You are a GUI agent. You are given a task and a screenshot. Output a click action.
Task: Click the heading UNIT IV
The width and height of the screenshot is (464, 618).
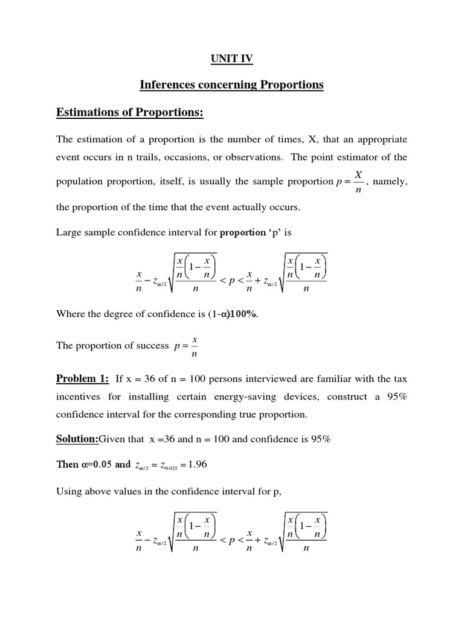tap(231, 59)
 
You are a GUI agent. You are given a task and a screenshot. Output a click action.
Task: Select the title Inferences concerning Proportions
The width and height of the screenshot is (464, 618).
tap(231, 85)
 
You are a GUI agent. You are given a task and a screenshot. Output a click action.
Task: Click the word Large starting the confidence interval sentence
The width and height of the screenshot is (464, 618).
tap(69, 232)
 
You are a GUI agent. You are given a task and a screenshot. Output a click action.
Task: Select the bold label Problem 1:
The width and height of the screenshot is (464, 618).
tap(82, 379)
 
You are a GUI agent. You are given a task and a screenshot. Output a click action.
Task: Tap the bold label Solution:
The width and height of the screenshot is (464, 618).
tap(77, 439)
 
